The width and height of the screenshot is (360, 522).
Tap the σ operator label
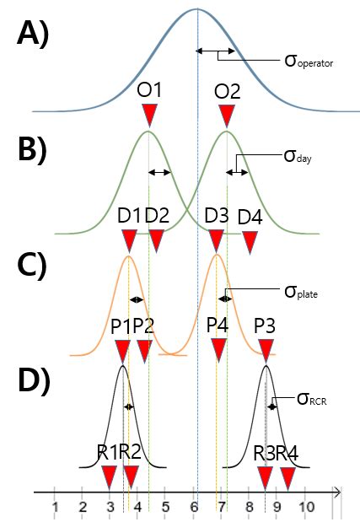(310, 60)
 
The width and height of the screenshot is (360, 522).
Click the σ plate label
(307, 293)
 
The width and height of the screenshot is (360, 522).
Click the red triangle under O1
(148, 115)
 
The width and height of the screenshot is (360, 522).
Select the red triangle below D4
(250, 241)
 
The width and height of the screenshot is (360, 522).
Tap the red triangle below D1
(129, 241)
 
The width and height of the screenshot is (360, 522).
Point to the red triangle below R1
(109, 476)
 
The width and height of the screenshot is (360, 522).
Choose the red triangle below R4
(287, 476)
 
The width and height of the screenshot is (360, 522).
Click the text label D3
(217, 215)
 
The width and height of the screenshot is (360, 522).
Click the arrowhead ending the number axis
(336, 490)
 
